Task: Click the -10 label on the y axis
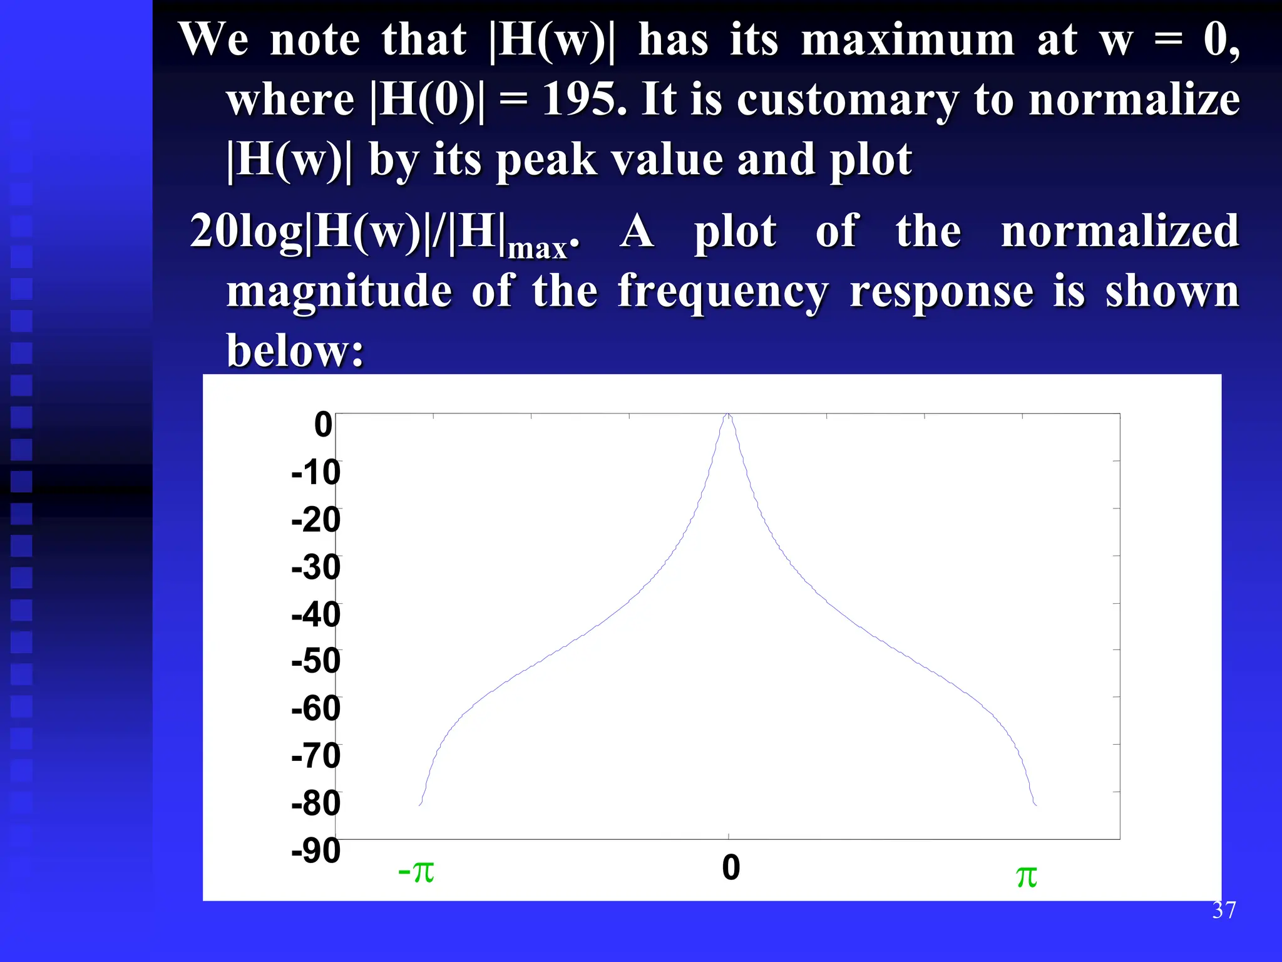315,472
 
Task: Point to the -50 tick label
315,661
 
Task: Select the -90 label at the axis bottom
315,851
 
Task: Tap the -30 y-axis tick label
315,567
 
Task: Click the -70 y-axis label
315,755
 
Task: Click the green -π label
416,871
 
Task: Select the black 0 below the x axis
731,867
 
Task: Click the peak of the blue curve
728,415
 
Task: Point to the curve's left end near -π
421,804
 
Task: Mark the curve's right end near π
1035,804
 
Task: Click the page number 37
1224,910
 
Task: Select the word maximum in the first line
907,39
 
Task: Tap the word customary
848,100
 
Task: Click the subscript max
537,249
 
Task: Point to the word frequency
723,292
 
